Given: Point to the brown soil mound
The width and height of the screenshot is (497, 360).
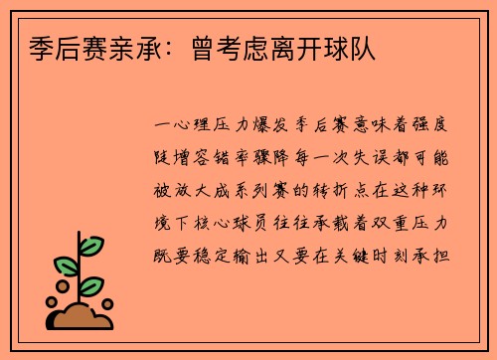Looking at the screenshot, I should (84, 317).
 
